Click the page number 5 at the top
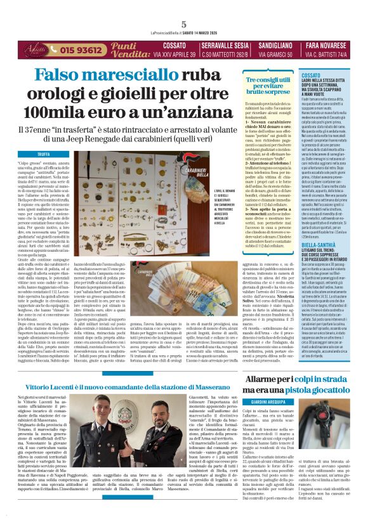point(183,24)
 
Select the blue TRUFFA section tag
point(44,154)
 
